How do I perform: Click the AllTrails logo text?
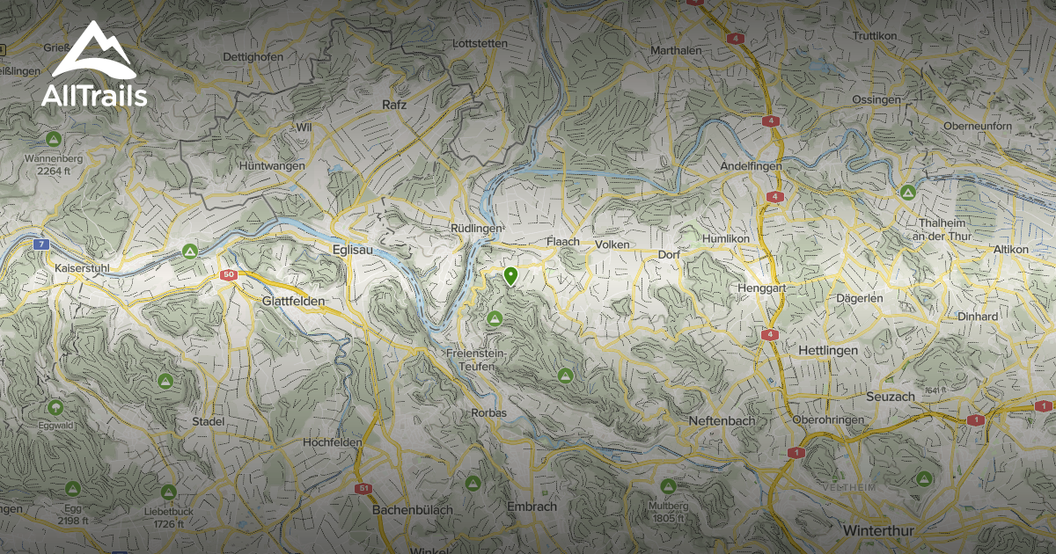click(x=94, y=95)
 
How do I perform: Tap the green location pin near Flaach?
click(x=510, y=277)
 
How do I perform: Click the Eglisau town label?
click(x=356, y=249)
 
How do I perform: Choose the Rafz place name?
click(x=395, y=105)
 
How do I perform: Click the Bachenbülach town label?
click(x=413, y=510)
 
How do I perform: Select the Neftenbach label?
click(x=722, y=421)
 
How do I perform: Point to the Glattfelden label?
click(x=293, y=301)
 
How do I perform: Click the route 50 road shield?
click(x=229, y=275)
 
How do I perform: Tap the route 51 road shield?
click(x=363, y=488)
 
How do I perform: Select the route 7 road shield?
click(x=40, y=244)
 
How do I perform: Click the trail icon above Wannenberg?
click(x=54, y=139)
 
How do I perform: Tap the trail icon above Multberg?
click(x=667, y=485)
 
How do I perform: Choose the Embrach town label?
click(x=532, y=507)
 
